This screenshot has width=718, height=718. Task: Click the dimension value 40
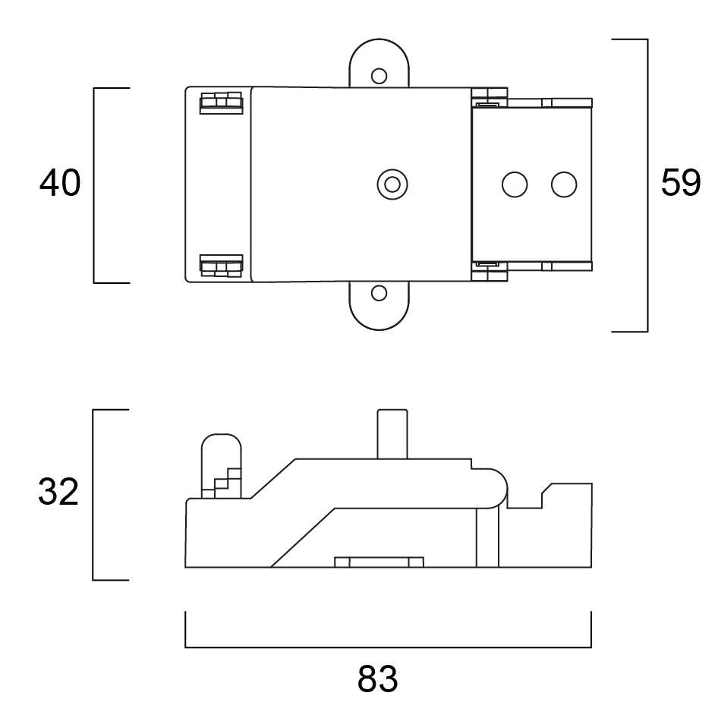pos(60,184)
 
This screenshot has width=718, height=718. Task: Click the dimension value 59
pos(681,184)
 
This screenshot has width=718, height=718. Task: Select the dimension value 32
pos(58,493)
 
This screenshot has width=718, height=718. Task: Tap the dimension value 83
pos(377,679)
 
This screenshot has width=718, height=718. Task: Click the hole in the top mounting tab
pos(379,75)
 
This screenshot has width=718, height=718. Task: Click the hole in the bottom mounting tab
pos(379,292)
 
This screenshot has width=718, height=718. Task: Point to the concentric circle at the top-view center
pos(392,184)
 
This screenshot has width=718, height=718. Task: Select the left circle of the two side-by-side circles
pos(515,184)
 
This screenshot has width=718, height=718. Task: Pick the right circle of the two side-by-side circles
pos(564,184)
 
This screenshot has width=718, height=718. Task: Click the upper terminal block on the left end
pos(221,103)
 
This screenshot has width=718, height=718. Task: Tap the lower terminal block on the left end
pos(221,266)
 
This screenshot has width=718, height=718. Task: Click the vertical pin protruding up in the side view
pos(392,433)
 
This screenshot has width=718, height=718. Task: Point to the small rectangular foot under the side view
pos(379,562)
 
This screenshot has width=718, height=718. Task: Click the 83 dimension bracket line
pos(387,647)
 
